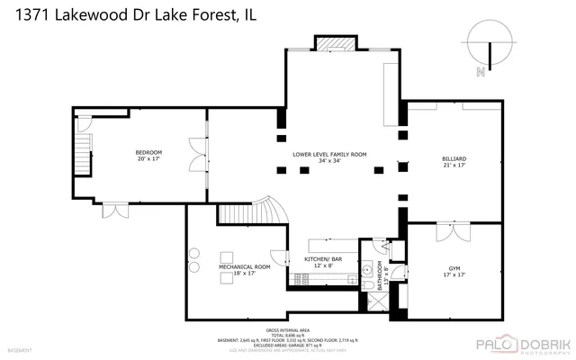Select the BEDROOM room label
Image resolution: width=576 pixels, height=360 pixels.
point(148,153)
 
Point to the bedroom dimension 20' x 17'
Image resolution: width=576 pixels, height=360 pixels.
point(148,161)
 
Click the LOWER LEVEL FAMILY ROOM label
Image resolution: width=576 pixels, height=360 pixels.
point(329,155)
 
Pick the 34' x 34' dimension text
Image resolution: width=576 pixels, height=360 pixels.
point(329,163)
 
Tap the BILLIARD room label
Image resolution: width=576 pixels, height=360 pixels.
point(454,158)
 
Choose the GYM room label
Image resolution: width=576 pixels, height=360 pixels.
point(454,268)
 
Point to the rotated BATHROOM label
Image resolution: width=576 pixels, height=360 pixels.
point(381,273)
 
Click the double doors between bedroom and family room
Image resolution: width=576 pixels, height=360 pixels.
point(197,153)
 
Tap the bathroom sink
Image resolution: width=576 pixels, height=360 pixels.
point(366,268)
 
